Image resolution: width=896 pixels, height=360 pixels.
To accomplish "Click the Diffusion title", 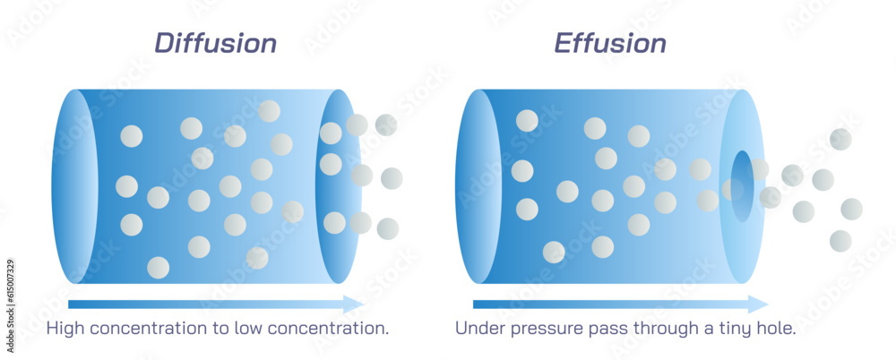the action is point(215,43).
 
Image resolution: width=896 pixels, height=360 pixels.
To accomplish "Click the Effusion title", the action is point(610,43).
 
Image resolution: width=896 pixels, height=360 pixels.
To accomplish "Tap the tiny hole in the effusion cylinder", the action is point(742,186).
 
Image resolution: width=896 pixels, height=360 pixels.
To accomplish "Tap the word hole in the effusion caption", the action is point(776,329).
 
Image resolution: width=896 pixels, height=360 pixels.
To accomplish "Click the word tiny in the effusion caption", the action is point(732,330).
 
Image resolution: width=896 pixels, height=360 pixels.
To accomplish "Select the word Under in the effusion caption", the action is point(478,329).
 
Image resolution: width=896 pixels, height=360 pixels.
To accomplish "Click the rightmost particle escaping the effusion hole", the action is point(851,209).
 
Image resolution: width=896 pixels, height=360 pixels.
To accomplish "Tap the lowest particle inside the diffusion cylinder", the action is point(158,267).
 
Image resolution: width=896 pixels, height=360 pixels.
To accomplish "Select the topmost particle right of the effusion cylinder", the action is point(840,139).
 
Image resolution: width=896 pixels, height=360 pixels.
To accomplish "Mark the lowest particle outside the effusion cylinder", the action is point(840,240).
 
